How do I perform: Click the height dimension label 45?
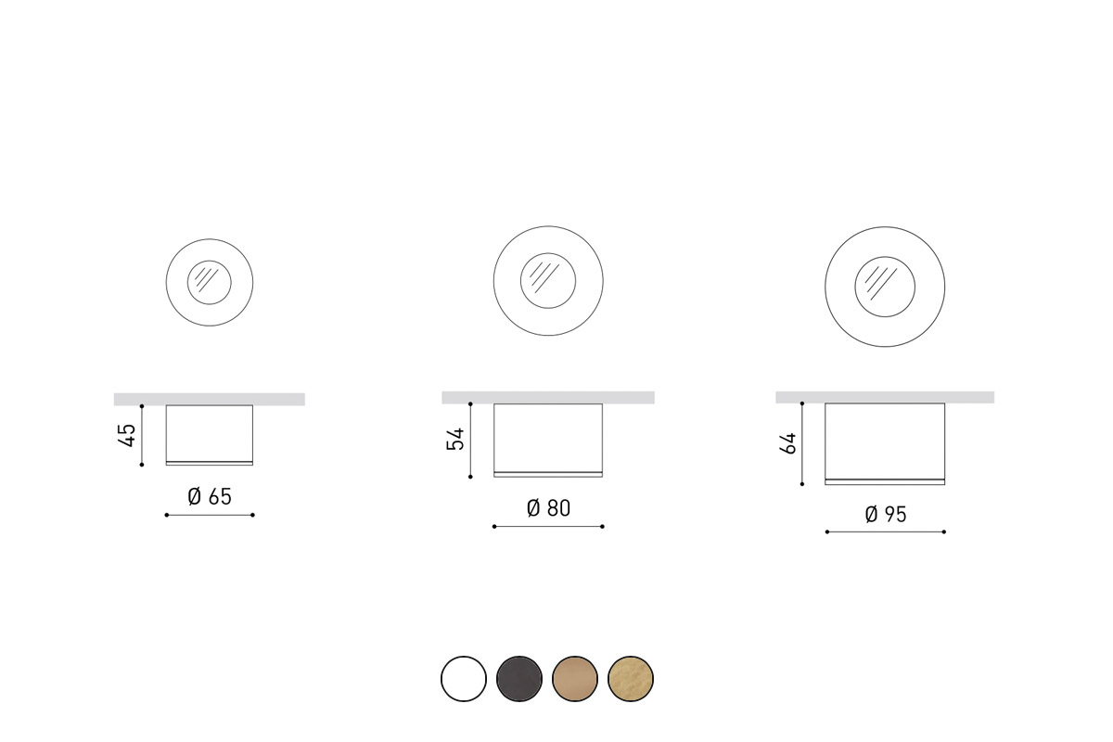(x=128, y=435)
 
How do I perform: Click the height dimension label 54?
(x=455, y=439)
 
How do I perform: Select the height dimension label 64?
(x=788, y=443)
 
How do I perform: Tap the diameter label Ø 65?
(x=210, y=496)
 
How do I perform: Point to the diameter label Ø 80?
(x=548, y=508)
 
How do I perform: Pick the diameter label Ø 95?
(x=886, y=515)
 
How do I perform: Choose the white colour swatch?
(x=464, y=679)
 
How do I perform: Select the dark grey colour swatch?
(x=519, y=679)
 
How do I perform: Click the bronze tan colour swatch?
(x=575, y=679)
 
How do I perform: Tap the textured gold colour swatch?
(x=631, y=679)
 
